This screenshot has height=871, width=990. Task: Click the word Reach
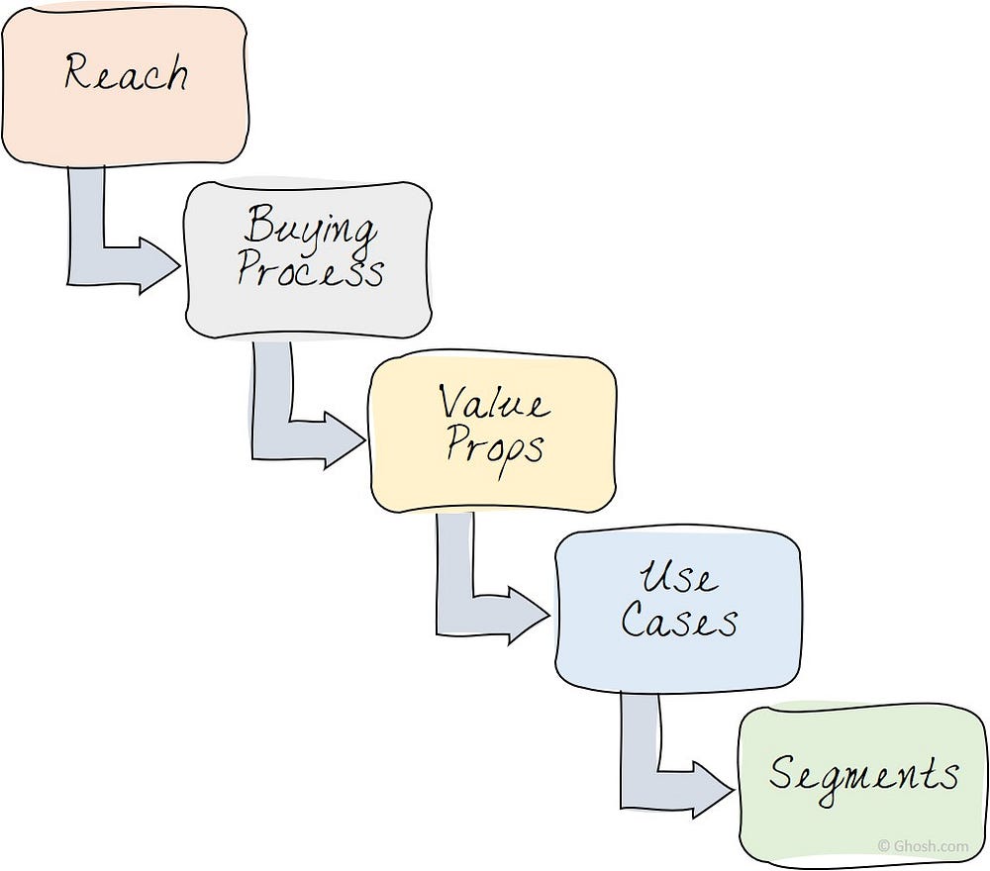126,72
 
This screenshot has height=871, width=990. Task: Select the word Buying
309,228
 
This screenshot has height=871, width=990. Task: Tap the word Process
310,271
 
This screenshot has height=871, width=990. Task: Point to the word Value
494,402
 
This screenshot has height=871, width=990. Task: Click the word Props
494,447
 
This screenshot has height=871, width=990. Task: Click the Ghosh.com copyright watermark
923,846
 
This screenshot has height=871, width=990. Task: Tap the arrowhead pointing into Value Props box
345,440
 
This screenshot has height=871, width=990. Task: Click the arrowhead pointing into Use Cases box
529,615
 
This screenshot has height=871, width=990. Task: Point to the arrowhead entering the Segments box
714,790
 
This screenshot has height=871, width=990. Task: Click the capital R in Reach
78,70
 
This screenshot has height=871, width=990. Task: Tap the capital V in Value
453,402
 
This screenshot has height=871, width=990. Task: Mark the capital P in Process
251,268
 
